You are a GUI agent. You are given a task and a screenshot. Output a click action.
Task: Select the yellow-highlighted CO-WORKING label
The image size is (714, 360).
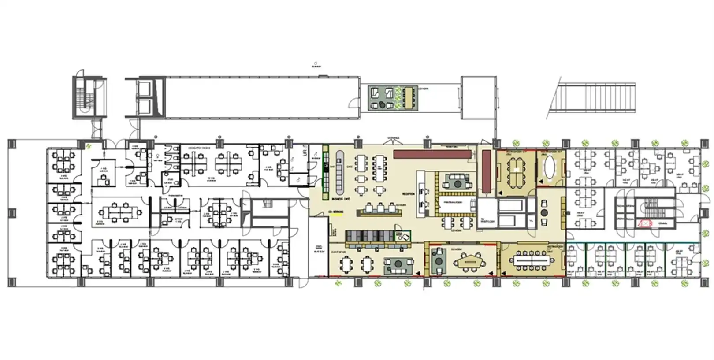(x=336, y=212)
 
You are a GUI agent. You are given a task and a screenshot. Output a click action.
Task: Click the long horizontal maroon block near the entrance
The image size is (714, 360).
(x=431, y=154)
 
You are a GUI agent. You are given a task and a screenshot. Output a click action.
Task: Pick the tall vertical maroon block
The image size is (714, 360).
(x=487, y=171)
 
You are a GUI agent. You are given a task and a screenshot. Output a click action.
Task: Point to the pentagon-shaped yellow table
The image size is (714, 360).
(x=471, y=262)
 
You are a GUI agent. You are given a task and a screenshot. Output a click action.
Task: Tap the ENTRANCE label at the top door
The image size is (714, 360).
(x=393, y=138)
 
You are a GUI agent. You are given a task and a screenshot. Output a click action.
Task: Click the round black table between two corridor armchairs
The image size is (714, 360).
(x=544, y=213)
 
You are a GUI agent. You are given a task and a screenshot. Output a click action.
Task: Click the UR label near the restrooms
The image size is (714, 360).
(x=304, y=153)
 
